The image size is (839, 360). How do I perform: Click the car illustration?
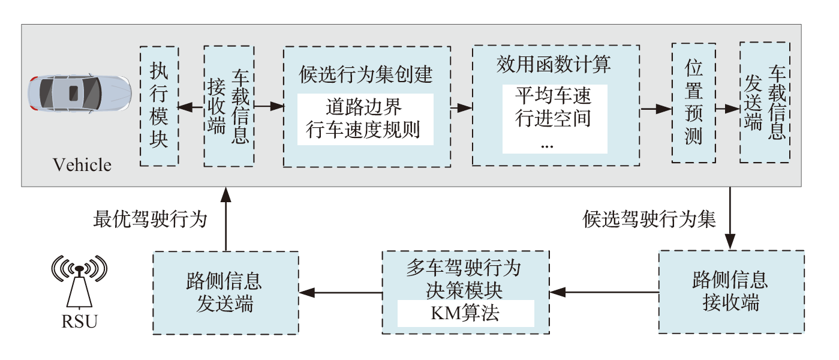79,94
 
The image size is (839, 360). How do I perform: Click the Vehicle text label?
82,164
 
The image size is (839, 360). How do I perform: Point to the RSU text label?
79,322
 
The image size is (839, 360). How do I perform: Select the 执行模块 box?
159,106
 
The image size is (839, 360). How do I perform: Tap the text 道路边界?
365,108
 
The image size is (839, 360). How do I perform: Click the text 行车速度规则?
365,129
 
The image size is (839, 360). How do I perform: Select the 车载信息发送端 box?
763,102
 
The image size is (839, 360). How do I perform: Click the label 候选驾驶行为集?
649,220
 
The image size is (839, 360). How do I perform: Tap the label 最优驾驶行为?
151,220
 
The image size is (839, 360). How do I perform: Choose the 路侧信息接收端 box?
730,292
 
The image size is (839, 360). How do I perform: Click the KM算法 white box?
465,314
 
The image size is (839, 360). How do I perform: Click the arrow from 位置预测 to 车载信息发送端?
727,109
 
